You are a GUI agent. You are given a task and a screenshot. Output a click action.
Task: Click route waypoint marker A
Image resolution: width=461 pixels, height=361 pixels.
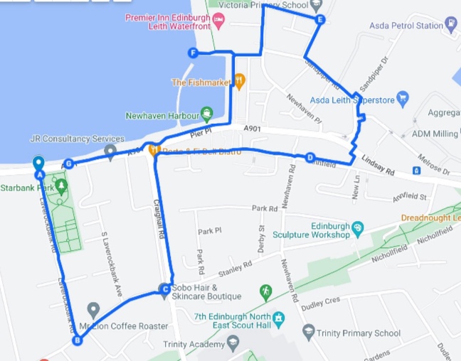coord(40,174)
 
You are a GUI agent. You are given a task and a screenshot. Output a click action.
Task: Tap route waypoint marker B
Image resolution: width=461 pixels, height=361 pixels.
coord(77,340)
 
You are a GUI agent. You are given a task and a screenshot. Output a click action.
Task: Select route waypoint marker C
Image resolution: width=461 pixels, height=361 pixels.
coord(165,289)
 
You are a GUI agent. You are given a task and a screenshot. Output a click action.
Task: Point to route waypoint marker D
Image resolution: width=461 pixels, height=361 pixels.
coord(310,158)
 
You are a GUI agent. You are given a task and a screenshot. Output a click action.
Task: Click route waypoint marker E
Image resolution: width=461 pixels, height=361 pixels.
coord(320,20)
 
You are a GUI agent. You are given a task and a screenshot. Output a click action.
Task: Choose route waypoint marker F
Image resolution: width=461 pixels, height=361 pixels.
coord(193,53)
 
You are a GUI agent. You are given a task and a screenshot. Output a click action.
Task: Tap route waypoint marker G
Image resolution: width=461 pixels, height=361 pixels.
coord(68,164)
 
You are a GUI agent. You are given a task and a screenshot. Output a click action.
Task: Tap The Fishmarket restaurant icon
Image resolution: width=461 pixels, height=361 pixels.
coord(240,82)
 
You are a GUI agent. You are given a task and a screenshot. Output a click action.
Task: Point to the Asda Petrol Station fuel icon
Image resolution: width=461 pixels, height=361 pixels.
coord(452,26)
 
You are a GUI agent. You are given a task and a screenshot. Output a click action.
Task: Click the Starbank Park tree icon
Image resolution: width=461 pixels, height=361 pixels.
coord(61,188)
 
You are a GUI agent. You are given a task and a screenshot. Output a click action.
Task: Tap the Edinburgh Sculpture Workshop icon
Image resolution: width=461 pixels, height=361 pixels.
coord(357,230)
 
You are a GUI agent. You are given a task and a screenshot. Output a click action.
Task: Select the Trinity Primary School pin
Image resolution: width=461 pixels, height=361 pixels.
coord(307,331)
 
